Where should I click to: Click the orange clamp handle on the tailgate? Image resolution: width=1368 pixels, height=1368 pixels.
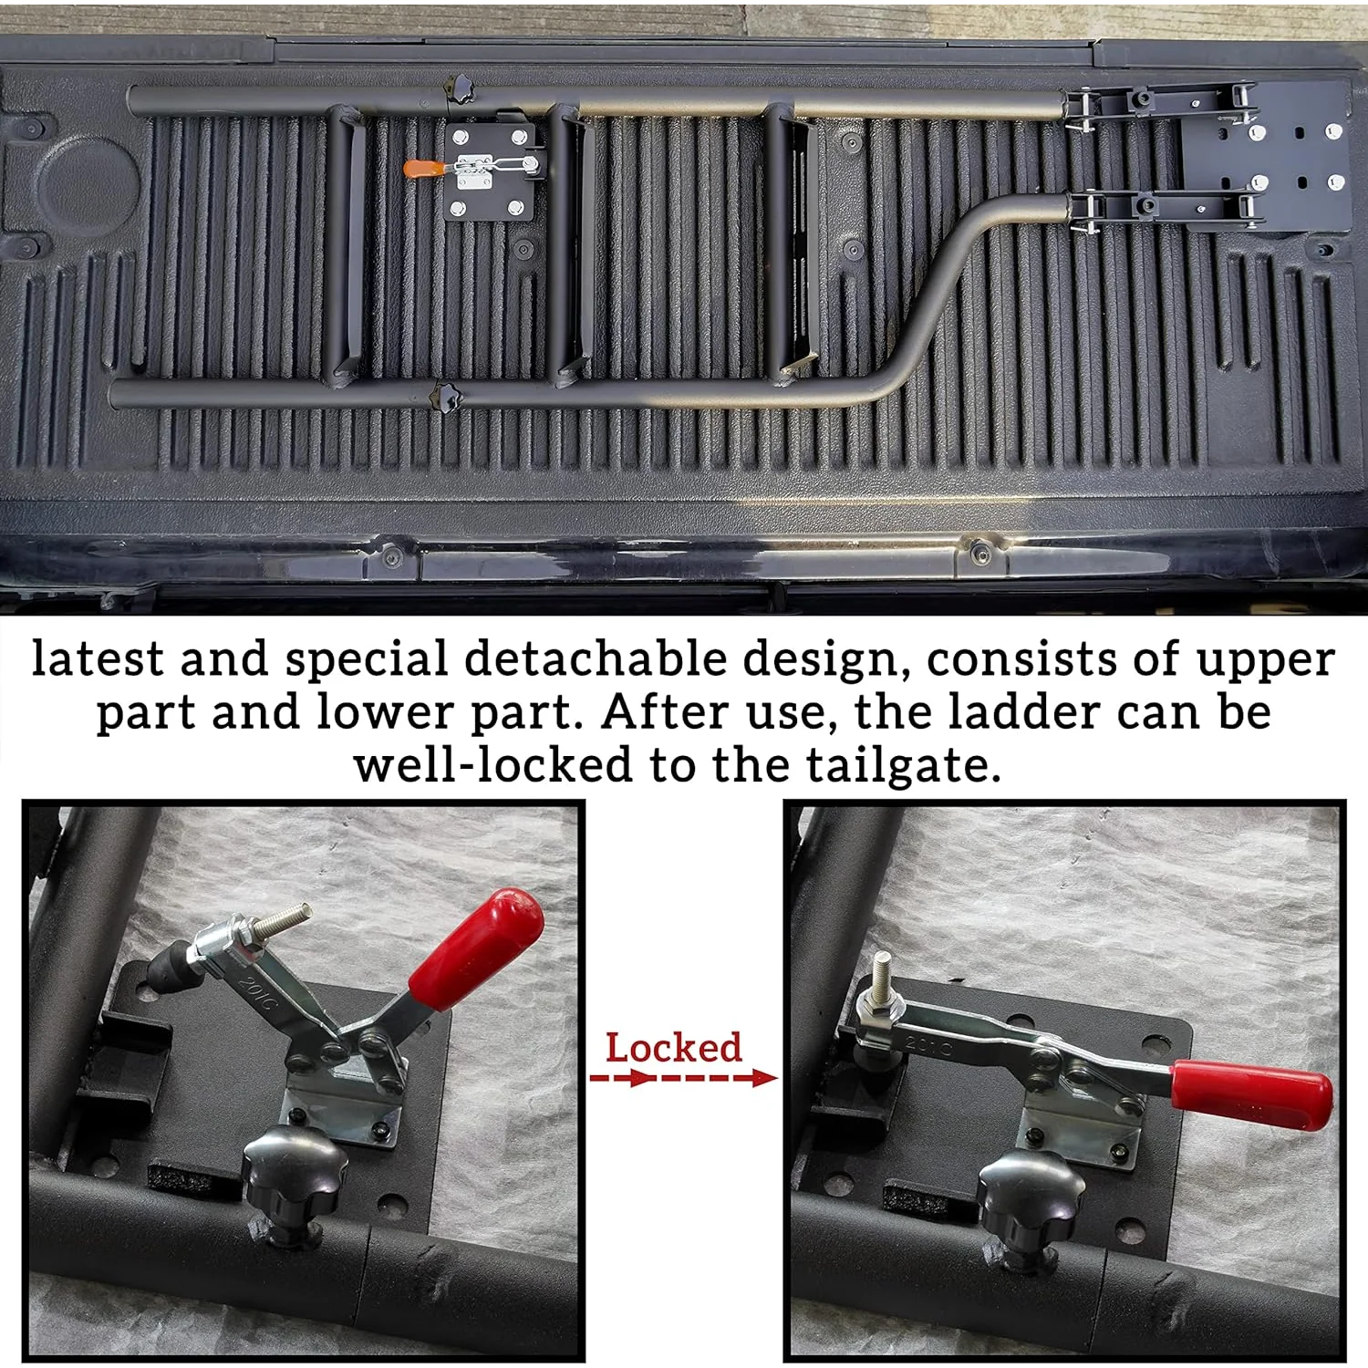(x=420, y=170)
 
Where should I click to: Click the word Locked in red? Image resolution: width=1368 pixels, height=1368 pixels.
(x=674, y=1048)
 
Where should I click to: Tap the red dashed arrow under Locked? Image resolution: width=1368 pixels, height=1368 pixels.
(x=683, y=1078)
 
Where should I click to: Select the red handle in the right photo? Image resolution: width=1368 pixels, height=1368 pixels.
(x=1251, y=1094)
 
